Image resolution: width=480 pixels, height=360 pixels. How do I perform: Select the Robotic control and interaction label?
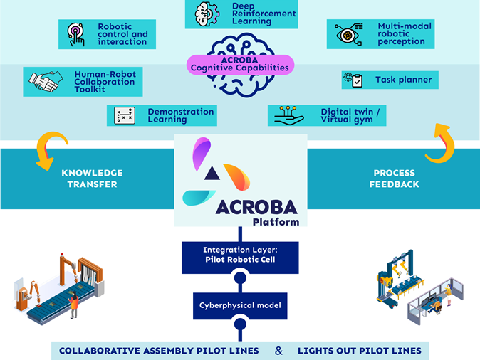pyautogui.click(x=122, y=34)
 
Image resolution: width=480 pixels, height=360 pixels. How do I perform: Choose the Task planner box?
pyautogui.click(x=390, y=80)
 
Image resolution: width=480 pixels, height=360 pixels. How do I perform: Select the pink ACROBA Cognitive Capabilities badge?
pyautogui.click(x=239, y=63)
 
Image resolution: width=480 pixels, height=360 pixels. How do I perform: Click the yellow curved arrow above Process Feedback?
pyautogui.click(x=439, y=142)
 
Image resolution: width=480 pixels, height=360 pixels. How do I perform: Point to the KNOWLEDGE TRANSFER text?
pyautogui.click(x=92, y=179)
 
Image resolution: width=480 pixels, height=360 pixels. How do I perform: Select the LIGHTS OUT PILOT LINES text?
pyautogui.click(x=359, y=350)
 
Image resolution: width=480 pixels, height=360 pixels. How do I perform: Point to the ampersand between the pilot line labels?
pyautogui.click(x=278, y=350)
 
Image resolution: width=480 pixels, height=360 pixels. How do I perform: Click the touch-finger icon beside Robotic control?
pyautogui.click(x=74, y=33)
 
